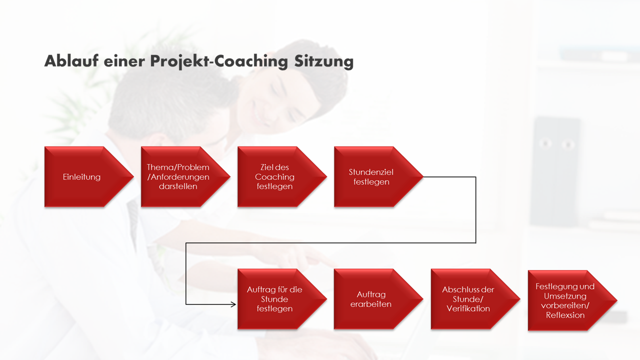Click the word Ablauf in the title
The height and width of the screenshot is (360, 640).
(71, 61)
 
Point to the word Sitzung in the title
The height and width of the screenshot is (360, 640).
(324, 61)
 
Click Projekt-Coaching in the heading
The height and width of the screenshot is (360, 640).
(219, 61)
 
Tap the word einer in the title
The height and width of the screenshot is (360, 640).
(124, 61)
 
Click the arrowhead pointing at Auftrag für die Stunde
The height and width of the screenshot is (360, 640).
(233, 304)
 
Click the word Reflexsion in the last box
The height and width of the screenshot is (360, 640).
(565, 315)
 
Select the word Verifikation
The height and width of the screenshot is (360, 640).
(468, 308)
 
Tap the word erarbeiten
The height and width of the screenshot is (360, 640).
(371, 304)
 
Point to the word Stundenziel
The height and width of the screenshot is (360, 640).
(371, 172)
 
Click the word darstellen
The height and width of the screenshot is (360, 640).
(178, 186)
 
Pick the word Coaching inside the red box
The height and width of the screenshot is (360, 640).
(274, 177)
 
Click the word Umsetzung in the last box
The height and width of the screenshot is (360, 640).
(565, 296)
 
